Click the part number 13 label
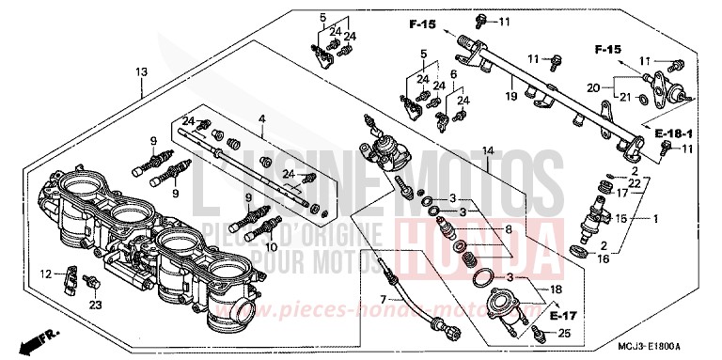[141, 71]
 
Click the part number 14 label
[488, 150]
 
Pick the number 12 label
[45, 274]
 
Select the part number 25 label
[564, 334]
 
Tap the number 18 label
[556, 291]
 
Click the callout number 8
[510, 228]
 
